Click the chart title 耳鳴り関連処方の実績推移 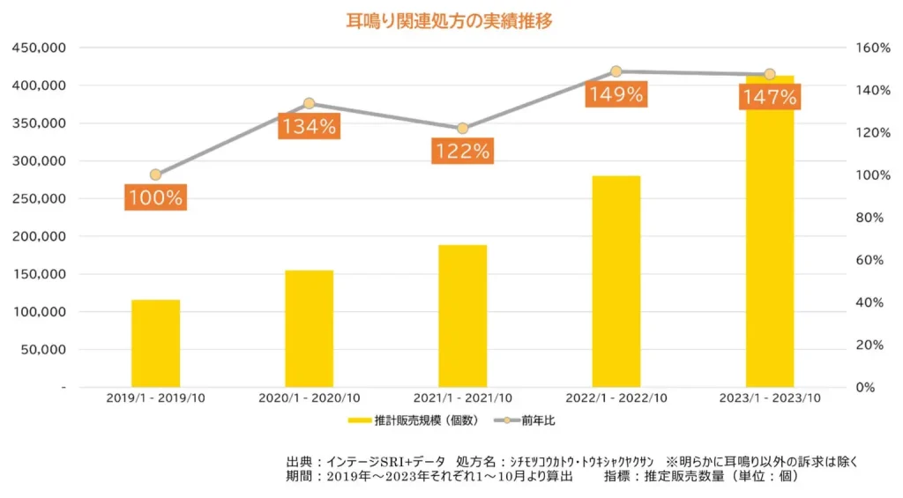(x=450, y=20)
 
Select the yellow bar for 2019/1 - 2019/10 (x=155, y=343)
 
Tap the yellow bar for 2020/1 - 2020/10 (x=309, y=328)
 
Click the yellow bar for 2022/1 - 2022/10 (x=616, y=281)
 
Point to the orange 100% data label (x=155, y=197)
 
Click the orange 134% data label (x=309, y=126)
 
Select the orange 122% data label (x=462, y=151)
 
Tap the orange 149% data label (x=616, y=93)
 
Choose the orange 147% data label (x=769, y=97)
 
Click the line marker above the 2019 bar (x=155, y=175)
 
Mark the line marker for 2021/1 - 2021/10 (x=462, y=129)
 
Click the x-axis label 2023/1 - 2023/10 (x=770, y=398)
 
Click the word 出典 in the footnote (x=300, y=461)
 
